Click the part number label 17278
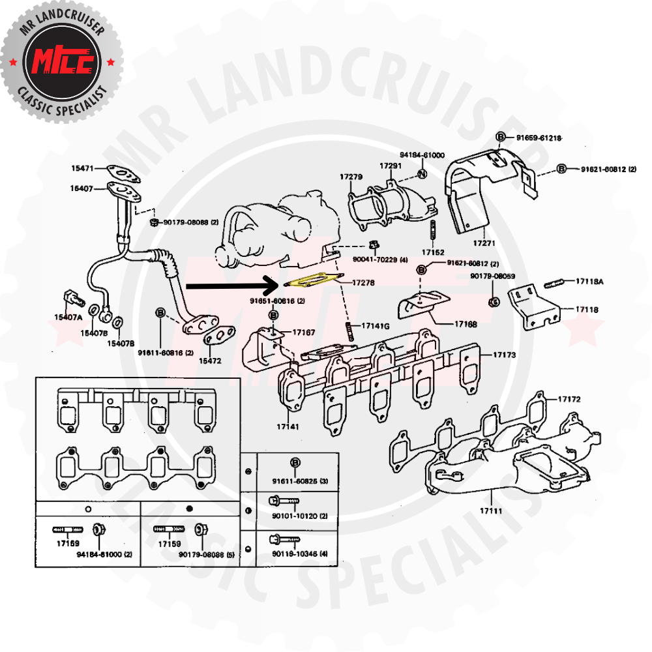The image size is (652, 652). pyautogui.click(x=364, y=283)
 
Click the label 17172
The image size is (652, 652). pyautogui.click(x=569, y=398)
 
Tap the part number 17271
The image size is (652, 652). pyautogui.click(x=485, y=243)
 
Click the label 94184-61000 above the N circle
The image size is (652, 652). pyautogui.click(x=422, y=155)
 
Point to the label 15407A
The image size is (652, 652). pyautogui.click(x=68, y=318)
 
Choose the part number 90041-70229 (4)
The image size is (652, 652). pyautogui.click(x=380, y=260)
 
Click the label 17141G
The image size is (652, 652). pyautogui.click(x=376, y=325)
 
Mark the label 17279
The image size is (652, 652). pyautogui.click(x=351, y=177)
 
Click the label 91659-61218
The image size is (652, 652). pyautogui.click(x=539, y=138)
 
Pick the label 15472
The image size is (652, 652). pyautogui.click(x=210, y=361)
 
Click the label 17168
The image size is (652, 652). pyautogui.click(x=466, y=323)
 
